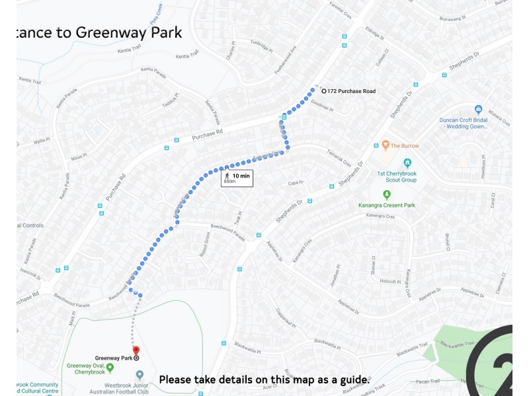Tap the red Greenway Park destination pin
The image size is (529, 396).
(136, 350)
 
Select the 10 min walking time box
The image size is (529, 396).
(237, 178)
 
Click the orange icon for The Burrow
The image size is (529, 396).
(386, 145)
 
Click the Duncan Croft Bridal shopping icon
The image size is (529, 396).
(478, 110)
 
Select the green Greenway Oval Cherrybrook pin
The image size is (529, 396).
(110, 367)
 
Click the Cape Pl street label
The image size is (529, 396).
(295, 183)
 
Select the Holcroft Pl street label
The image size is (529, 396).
(390, 281)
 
